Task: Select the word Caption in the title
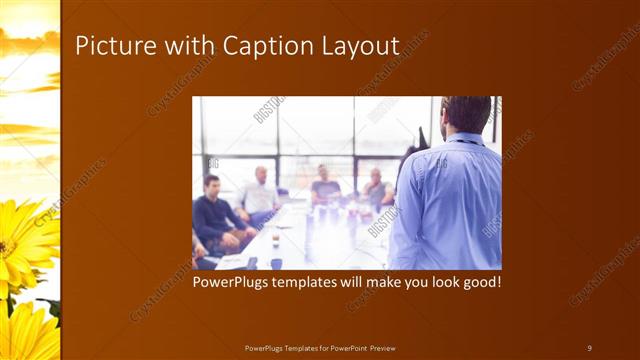[x=265, y=46]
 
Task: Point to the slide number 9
[x=589, y=347]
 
